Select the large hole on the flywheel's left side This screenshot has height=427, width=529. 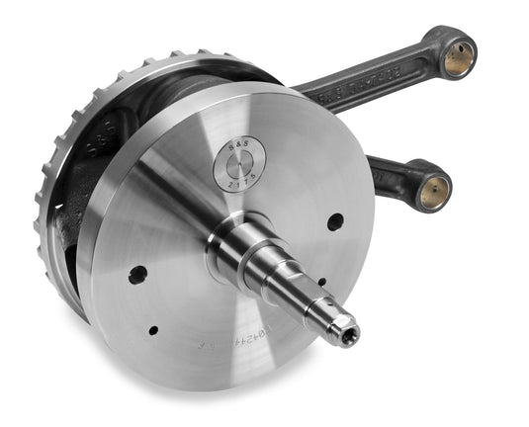coord(137,274)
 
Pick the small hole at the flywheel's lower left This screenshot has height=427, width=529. coord(152,330)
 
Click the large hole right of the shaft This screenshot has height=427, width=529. coord(335,221)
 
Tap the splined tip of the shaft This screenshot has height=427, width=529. coord(345,331)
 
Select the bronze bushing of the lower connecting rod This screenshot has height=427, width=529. coord(434,190)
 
